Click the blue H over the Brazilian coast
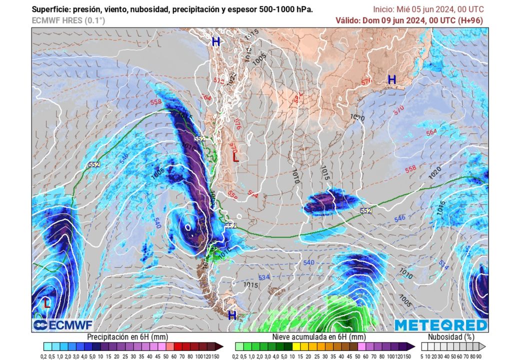392,79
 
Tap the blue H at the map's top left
215,42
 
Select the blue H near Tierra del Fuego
232,315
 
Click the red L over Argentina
235,157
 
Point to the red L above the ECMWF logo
46,303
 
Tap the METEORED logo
440,325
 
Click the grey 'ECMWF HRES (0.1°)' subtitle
68,20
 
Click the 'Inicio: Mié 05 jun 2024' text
411,9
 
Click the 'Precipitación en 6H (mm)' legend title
127,336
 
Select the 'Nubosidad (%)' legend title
453,336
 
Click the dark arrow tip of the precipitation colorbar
219,346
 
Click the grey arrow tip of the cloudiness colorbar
483,346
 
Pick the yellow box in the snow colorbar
296,346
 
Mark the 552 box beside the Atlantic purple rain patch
366,210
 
